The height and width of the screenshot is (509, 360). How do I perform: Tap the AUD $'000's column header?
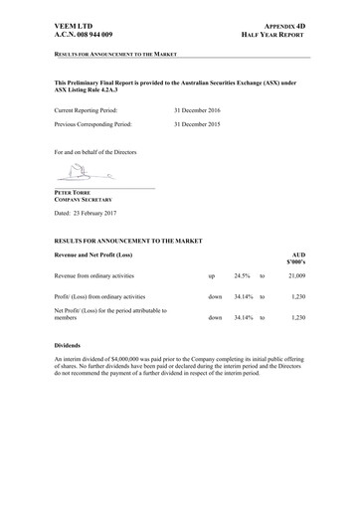(292, 258)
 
